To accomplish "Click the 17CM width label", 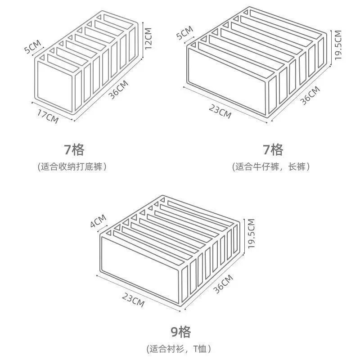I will click(48, 116).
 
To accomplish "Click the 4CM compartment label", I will click(99, 222).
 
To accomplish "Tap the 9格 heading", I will click(180, 333).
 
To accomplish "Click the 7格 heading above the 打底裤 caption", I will click(73, 149).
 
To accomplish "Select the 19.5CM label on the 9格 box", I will click(251, 234).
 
